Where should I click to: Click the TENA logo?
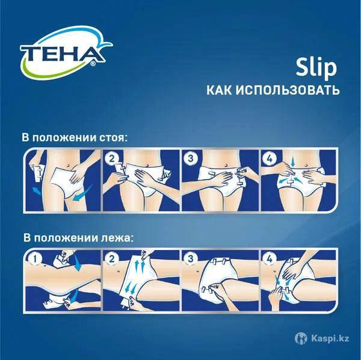66,53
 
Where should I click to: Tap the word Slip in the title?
316,68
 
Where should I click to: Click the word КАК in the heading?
220,90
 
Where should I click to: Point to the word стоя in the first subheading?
113,138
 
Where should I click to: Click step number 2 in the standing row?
112,159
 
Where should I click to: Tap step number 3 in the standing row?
191,159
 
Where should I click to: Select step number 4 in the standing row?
270,159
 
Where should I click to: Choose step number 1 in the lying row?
34,259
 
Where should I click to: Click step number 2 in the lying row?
112,259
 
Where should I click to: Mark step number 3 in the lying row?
191,259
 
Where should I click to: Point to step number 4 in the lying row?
270,259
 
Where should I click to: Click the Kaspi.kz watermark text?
330,338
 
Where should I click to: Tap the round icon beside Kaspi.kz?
301,338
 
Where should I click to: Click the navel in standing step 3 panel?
226,165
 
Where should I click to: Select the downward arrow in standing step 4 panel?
292,162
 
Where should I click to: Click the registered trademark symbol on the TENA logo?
93,64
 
